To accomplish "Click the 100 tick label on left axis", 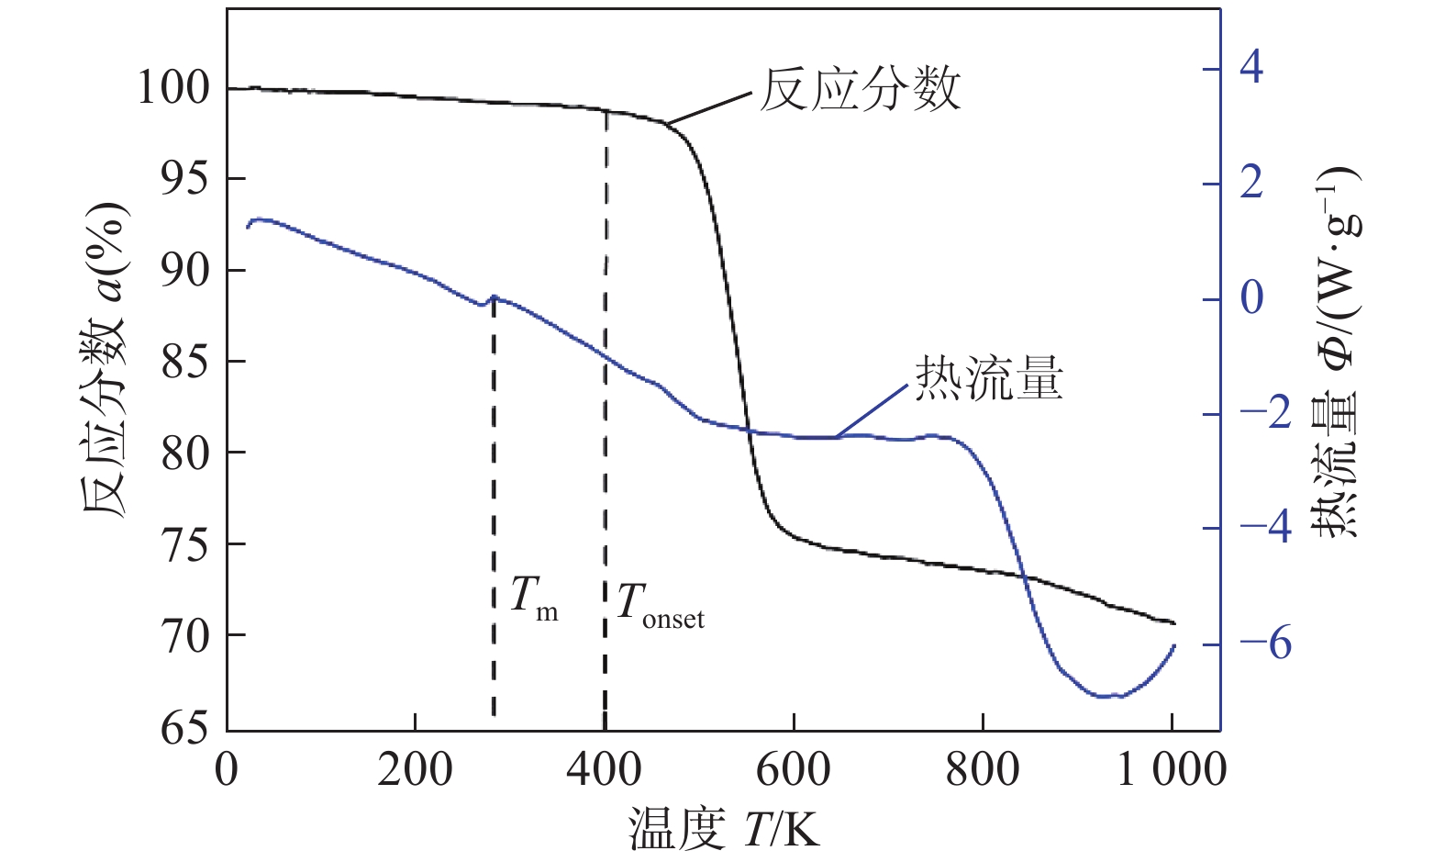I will click(x=172, y=89).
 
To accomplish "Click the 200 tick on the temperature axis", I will click(x=415, y=769).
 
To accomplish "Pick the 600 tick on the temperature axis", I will click(x=793, y=769).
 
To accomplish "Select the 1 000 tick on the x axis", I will click(x=1171, y=769).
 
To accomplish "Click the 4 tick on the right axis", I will click(x=1250, y=68).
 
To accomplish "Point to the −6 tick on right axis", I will click(x=1265, y=644).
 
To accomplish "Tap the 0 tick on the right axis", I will click(x=1250, y=298).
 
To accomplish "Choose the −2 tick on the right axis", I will click(x=1265, y=414).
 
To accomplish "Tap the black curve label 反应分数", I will click(x=860, y=90).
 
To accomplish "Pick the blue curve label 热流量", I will click(x=989, y=378).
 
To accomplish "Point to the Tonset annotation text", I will click(x=660, y=607).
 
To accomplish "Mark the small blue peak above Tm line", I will click(x=495, y=297).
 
